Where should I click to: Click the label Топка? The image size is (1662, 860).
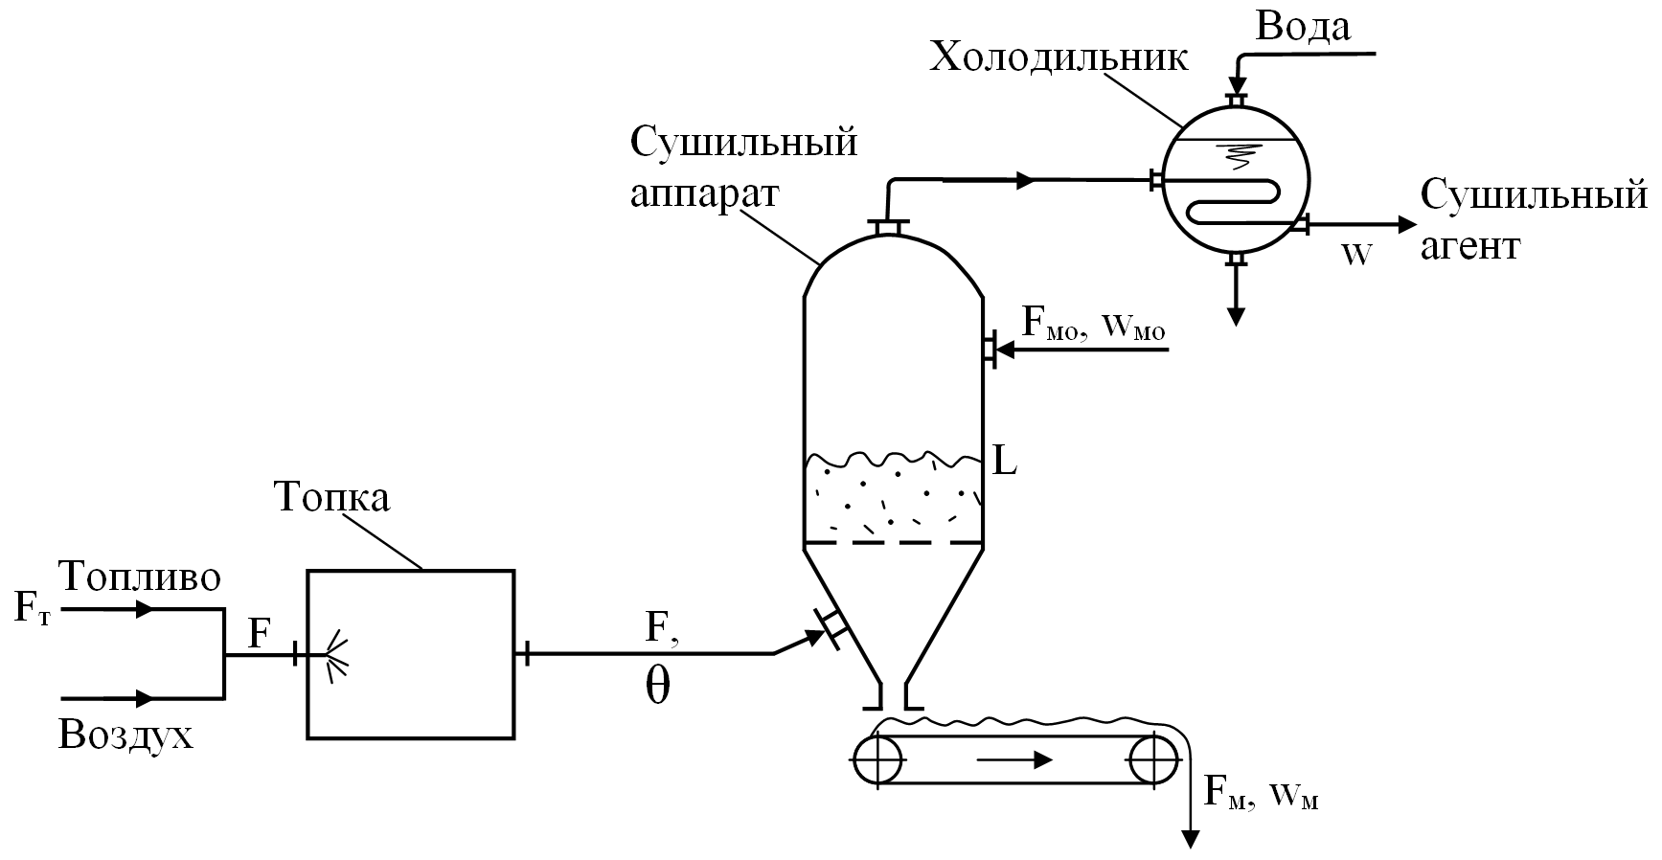coord(331,499)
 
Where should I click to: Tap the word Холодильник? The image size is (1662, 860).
coord(1059,58)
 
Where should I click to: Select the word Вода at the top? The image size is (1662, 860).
coord(1303,27)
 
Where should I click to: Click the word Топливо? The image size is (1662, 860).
coord(140,577)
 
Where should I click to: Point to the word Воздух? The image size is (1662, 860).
coord(125,735)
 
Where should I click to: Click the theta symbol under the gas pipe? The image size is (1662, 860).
coord(656,686)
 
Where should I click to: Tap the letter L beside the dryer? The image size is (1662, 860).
coord(1004,463)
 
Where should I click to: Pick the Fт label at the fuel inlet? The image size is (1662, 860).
coord(31,609)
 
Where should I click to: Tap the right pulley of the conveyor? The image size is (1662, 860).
coord(1153,761)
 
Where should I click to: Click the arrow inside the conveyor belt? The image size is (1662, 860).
coord(1015,760)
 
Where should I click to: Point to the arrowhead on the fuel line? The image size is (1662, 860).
coord(145,609)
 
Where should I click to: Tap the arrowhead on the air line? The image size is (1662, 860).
coord(145,697)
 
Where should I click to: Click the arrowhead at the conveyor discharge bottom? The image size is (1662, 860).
coord(1191,839)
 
